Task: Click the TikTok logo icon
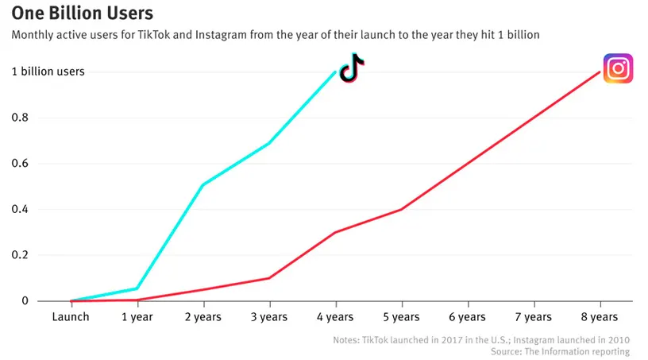coord(351,68)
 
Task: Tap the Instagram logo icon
coord(618,68)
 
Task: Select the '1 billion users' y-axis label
coord(48,72)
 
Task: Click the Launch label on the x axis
coord(71,316)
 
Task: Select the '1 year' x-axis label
coord(137,316)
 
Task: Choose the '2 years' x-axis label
coord(203,316)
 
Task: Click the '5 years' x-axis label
coord(402,316)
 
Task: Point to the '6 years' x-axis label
coord(468,316)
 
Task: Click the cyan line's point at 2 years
coord(203,185)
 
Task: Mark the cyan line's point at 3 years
coord(269,143)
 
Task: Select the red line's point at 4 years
coord(335,232)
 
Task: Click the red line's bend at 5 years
coord(402,209)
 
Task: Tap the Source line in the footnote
coord(560,351)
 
